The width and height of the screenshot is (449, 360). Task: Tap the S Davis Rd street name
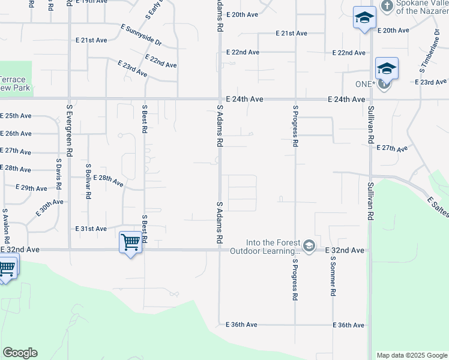[59, 174]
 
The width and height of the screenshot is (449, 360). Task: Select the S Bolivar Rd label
[88, 181]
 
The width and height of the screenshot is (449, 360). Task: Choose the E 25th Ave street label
[16, 115]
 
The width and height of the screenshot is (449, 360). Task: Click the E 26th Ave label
[16, 133]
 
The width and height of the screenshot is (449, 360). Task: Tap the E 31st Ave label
[91, 229]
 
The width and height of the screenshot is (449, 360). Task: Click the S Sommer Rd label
[332, 275]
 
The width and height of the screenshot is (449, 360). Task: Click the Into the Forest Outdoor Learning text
[265, 247]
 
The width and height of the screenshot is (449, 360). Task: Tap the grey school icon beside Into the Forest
[309, 246]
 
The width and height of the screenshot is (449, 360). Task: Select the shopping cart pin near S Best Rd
[130, 243]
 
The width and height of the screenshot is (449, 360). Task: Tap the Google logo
[20, 353]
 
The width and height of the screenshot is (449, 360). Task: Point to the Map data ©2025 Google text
[411, 355]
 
